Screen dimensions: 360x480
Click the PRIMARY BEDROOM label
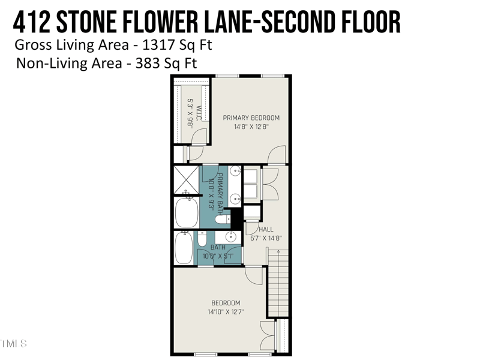[x=251, y=118]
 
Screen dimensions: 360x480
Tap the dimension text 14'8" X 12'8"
[x=251, y=127]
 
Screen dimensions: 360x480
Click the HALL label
[x=266, y=229]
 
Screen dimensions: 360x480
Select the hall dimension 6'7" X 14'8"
[x=266, y=238]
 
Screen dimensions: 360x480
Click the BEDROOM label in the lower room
[x=226, y=303]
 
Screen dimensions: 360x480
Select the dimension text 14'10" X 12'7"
[x=226, y=312]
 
